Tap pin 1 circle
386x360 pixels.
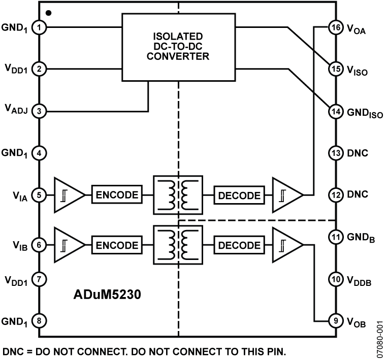(x=40, y=26)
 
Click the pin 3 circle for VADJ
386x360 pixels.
(x=40, y=110)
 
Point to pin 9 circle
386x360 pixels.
(x=335, y=321)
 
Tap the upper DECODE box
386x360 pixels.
(x=239, y=195)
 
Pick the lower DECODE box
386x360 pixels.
(x=239, y=245)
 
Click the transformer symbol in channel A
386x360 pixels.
(x=178, y=195)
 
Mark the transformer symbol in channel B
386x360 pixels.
(x=178, y=245)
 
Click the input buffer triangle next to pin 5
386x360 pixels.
(x=69, y=195)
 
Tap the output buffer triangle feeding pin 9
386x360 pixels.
(x=287, y=245)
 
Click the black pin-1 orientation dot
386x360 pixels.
(x=48, y=12)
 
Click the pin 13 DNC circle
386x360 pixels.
(x=335, y=153)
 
